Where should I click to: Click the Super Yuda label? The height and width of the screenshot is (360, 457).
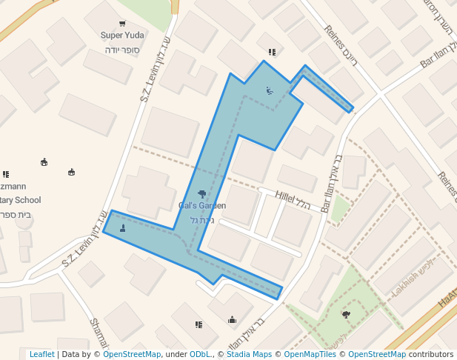coord(121,35)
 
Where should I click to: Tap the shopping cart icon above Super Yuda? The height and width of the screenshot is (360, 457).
coord(122,24)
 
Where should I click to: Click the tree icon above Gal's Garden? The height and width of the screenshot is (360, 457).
coord(201,194)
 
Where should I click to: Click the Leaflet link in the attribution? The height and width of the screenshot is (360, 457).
coord(41,355)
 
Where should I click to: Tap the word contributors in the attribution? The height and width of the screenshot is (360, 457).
coord(431,355)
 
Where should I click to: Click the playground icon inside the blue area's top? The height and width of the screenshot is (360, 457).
coord(269,90)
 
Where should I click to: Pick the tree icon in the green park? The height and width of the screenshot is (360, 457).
coord(346,315)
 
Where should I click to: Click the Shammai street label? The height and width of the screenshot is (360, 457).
coord(99,333)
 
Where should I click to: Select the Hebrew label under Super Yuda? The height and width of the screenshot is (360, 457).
coord(121,50)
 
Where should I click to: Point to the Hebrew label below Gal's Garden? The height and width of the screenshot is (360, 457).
coord(202,220)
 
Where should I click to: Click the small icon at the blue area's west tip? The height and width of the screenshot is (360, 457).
coord(122,227)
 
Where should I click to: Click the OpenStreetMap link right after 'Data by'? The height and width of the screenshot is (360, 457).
coord(132,355)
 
